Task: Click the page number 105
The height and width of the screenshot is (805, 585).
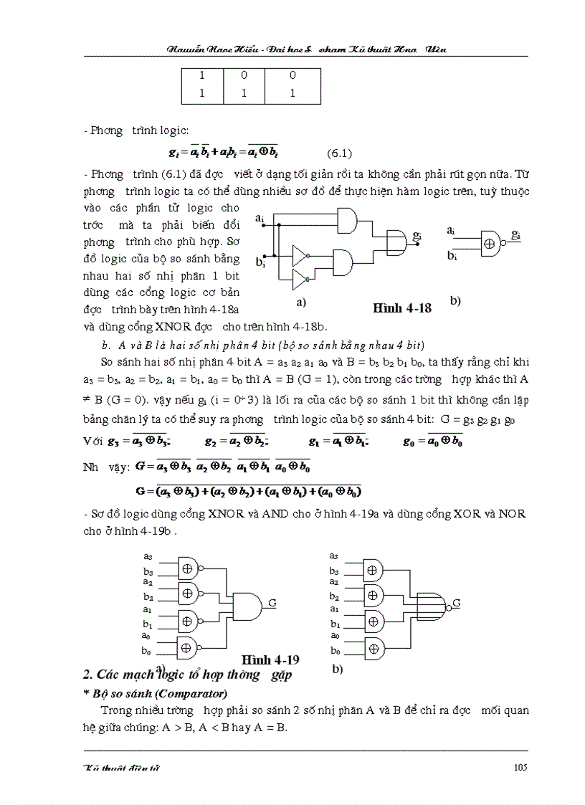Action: tap(520, 767)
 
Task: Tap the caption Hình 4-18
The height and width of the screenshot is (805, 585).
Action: tap(402, 308)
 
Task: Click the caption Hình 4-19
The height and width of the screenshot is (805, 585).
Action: tap(270, 659)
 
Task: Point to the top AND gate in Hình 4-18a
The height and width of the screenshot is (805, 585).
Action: tap(346, 220)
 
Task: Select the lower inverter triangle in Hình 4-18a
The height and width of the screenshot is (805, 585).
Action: tap(300, 277)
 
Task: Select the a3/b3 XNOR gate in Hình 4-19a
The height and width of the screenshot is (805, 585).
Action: tap(187, 567)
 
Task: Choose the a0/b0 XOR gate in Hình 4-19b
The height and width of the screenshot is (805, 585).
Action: tap(372, 645)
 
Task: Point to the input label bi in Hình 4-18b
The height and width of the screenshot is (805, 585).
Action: tap(452, 255)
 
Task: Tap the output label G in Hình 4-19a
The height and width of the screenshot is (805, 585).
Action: tap(272, 603)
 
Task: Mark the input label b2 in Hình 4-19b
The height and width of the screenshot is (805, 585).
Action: tap(334, 596)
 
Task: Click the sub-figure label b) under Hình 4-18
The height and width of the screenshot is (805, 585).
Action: tap(455, 301)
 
